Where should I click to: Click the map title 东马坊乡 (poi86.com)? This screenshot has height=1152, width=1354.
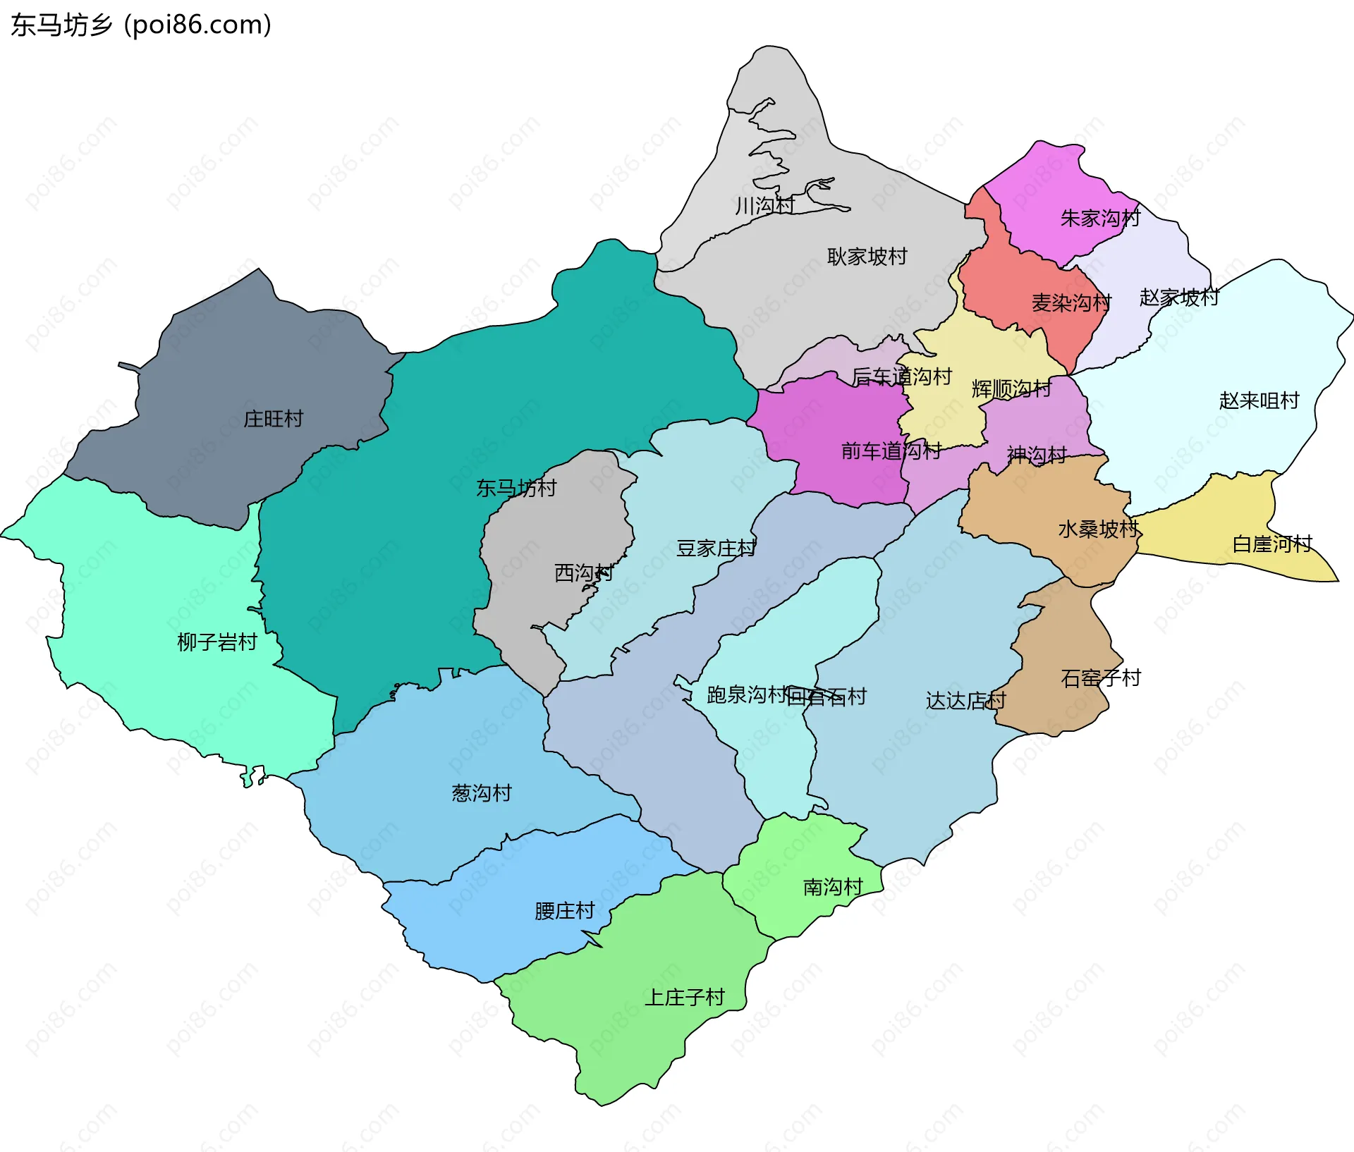[141, 25]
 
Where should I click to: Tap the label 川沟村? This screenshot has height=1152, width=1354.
[764, 206]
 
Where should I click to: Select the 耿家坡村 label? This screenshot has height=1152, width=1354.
[867, 257]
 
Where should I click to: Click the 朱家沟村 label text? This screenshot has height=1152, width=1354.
[1099, 219]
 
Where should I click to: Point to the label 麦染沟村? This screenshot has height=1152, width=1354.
[1071, 303]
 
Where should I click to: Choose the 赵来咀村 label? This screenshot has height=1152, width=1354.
[1259, 400]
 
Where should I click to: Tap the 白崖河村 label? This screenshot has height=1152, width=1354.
[1271, 544]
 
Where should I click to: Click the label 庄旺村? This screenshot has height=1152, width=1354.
[273, 419]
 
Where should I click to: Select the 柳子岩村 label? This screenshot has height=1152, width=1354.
[216, 642]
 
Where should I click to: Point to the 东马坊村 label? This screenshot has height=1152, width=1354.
[516, 488]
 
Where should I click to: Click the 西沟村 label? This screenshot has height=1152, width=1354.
[583, 572]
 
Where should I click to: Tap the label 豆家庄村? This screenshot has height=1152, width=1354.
[716, 549]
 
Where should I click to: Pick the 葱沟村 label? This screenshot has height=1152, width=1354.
[482, 793]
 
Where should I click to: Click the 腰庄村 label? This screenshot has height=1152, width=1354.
[564, 911]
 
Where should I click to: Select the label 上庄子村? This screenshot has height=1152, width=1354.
[685, 998]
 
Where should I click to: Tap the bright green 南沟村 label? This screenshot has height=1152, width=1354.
[833, 887]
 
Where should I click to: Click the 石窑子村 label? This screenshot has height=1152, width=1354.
[1100, 678]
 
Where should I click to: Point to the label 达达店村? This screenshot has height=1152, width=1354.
[965, 701]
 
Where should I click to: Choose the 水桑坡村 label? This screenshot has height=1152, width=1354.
[1098, 529]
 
